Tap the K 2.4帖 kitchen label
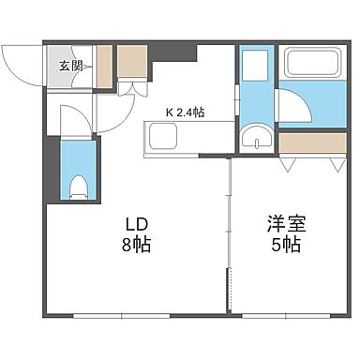(x=186, y=112)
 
